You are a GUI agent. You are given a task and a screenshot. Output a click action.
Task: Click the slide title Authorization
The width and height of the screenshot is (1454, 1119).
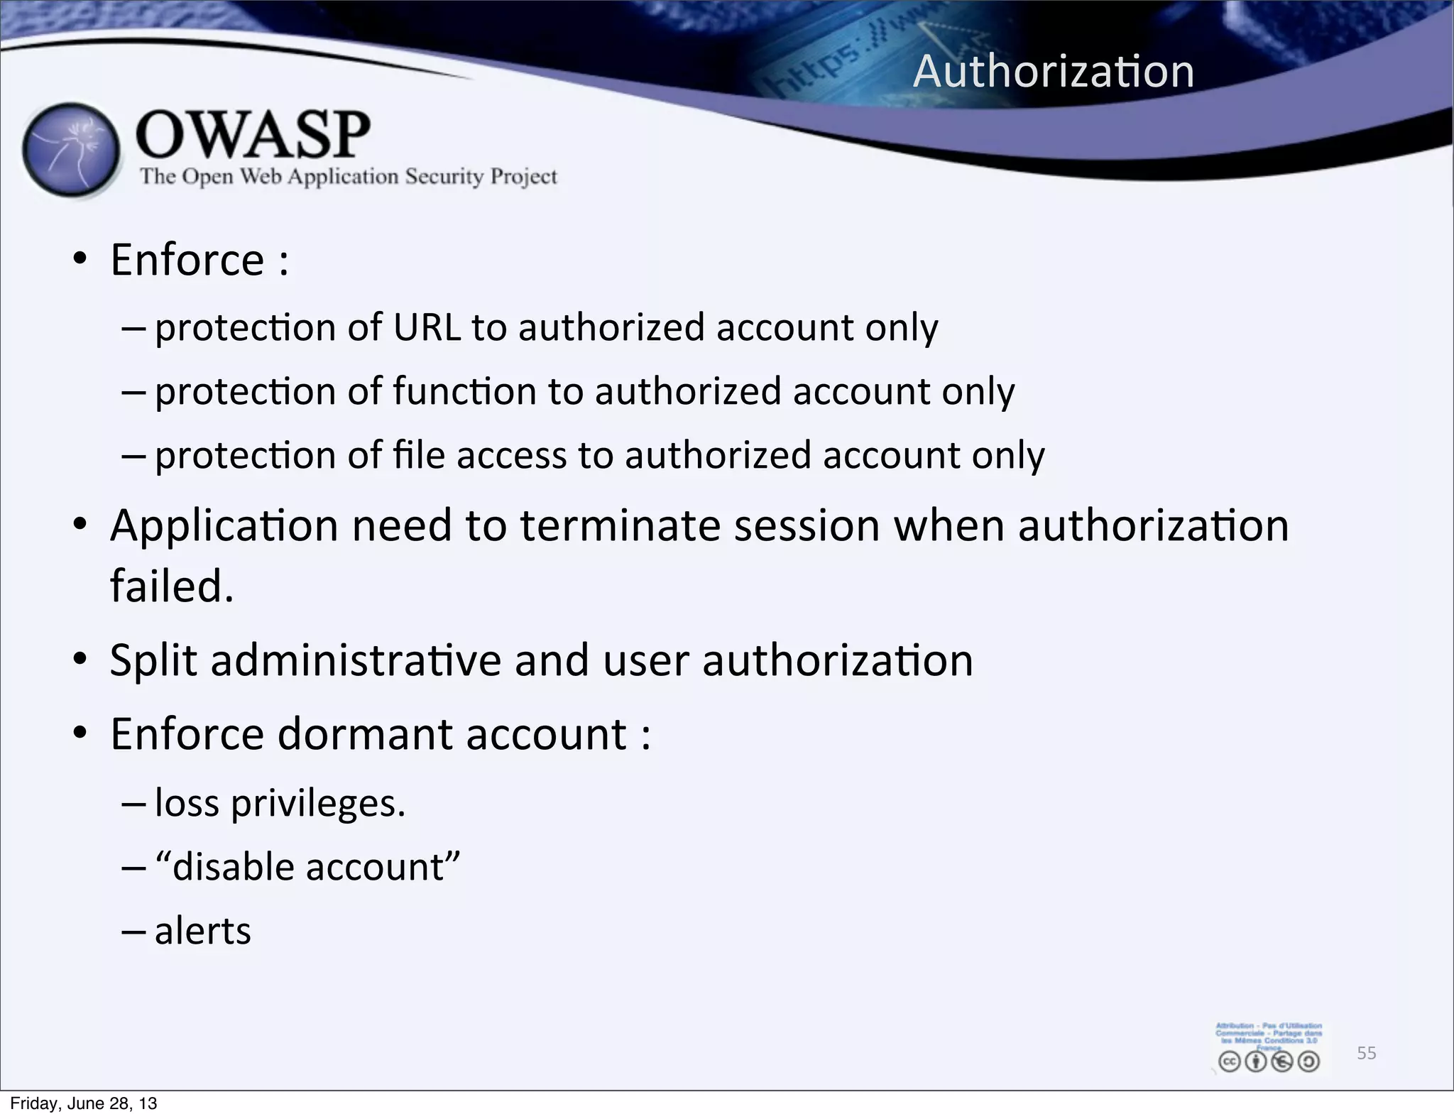[1054, 72]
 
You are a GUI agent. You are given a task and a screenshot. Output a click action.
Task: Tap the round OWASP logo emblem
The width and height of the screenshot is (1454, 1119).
[70, 149]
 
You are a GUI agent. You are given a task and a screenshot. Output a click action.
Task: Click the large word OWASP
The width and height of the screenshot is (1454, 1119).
[253, 135]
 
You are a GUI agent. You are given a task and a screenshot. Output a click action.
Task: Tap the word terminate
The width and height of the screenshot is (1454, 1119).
[621, 527]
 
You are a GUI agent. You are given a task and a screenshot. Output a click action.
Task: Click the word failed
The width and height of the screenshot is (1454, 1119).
[172, 586]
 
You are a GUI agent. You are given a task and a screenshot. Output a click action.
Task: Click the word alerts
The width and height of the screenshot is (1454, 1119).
[203, 932]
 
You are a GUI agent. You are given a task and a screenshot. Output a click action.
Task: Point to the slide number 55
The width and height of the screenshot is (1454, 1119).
[1366, 1053]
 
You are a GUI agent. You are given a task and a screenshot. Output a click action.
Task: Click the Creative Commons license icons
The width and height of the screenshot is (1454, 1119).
[1269, 1061]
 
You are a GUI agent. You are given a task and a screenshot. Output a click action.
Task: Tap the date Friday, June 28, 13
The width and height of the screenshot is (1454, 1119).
[84, 1103]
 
